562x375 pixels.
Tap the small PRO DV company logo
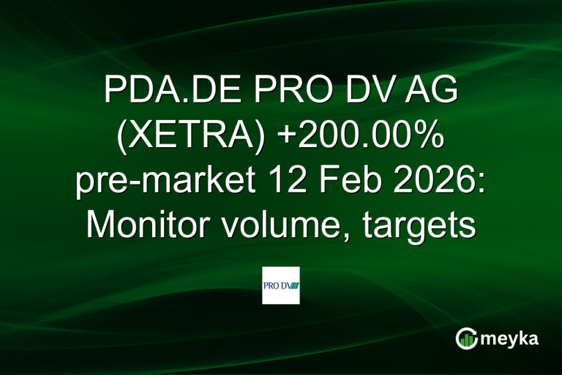pos(281,286)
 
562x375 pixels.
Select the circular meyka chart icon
pos(465,338)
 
